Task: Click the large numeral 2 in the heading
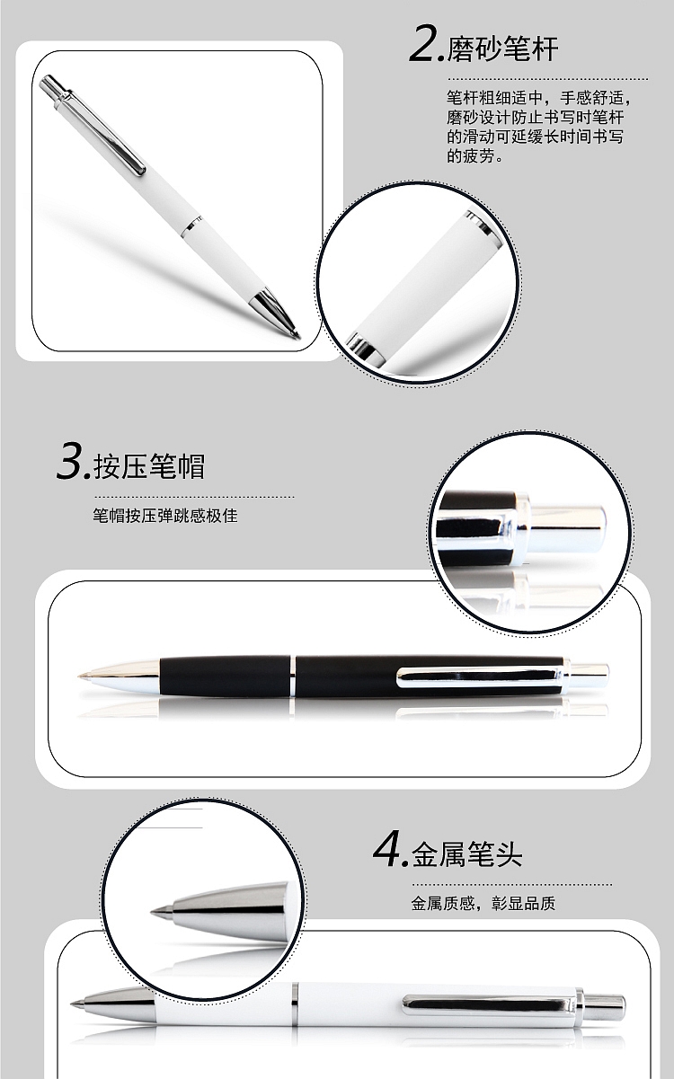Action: click(x=423, y=45)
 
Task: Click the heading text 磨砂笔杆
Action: click(x=502, y=49)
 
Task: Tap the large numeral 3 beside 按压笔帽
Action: click(x=70, y=463)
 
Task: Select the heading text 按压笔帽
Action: click(x=149, y=466)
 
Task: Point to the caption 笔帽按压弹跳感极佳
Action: click(x=165, y=516)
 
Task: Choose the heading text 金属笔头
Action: click(x=466, y=854)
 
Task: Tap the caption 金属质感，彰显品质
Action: click(x=483, y=903)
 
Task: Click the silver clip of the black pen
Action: click(x=479, y=677)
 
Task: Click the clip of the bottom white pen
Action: click(x=488, y=1004)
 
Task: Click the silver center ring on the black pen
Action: click(x=292, y=676)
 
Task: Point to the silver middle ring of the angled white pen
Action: click(x=191, y=227)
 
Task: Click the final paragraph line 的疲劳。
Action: click(x=475, y=155)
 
